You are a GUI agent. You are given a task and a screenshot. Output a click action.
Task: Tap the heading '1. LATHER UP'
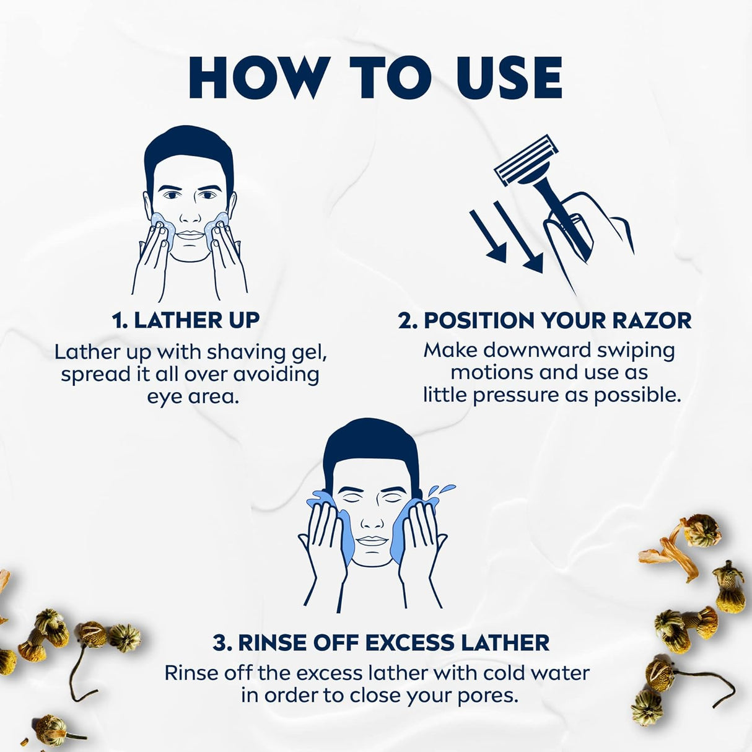(186, 320)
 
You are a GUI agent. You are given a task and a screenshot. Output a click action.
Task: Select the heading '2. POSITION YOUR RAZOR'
(544, 320)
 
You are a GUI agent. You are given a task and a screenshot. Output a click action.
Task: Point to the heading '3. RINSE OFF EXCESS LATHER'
(382, 642)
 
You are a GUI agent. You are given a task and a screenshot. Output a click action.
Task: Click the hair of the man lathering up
(189, 156)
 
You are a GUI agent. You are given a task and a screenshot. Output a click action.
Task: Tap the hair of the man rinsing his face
(370, 448)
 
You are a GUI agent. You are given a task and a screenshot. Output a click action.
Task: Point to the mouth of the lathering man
(189, 235)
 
